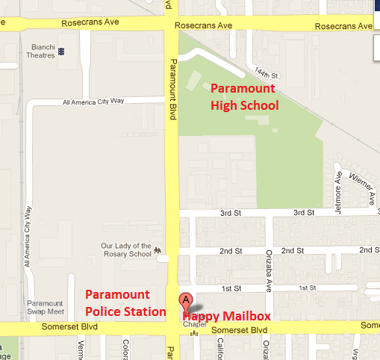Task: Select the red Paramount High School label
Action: (x=243, y=97)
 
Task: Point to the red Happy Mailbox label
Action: (x=227, y=317)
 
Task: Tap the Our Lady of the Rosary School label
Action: (x=127, y=249)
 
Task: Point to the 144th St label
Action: (x=265, y=72)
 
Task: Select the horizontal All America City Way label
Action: (x=94, y=102)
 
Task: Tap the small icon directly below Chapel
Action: (x=193, y=334)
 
